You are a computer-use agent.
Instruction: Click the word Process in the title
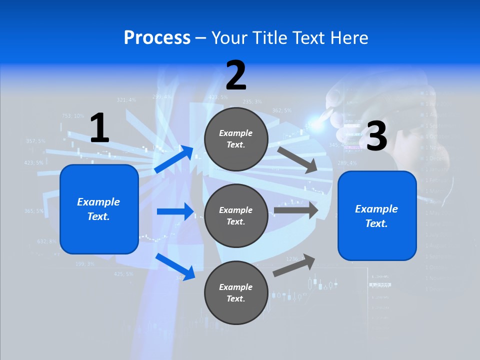[x=157, y=38]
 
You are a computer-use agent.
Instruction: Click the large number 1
[x=99, y=128]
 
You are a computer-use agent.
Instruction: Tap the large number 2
[x=236, y=75]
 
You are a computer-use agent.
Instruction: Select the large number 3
[x=376, y=136]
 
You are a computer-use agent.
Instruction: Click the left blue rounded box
[x=99, y=209]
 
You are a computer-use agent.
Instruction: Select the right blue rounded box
[x=377, y=215]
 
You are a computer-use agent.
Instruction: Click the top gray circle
[x=236, y=139]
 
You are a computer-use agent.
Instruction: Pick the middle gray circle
[x=236, y=215]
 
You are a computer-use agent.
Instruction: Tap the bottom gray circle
[x=236, y=292]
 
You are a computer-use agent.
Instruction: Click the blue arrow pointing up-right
[x=174, y=159]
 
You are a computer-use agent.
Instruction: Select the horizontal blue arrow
[x=175, y=211]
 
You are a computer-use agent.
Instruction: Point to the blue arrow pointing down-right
[x=175, y=266]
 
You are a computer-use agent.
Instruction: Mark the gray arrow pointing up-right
[x=294, y=265]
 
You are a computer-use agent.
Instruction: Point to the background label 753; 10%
[x=73, y=116]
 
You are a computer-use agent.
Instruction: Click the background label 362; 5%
[x=281, y=110]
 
